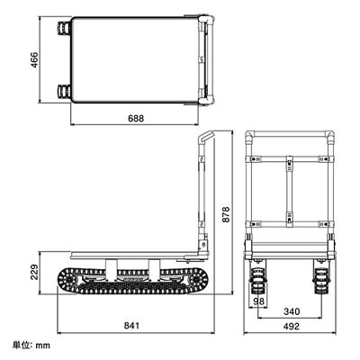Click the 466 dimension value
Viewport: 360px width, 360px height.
35,60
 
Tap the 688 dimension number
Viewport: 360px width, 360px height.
136,119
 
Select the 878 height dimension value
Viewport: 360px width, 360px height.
226,214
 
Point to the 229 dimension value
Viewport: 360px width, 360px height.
35,272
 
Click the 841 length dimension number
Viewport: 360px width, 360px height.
131,325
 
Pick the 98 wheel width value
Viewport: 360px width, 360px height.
259,301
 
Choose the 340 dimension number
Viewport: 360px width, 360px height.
292,311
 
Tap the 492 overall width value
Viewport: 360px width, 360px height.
292,326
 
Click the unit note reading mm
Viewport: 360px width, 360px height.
43,346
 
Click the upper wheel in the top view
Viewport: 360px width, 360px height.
63,28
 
